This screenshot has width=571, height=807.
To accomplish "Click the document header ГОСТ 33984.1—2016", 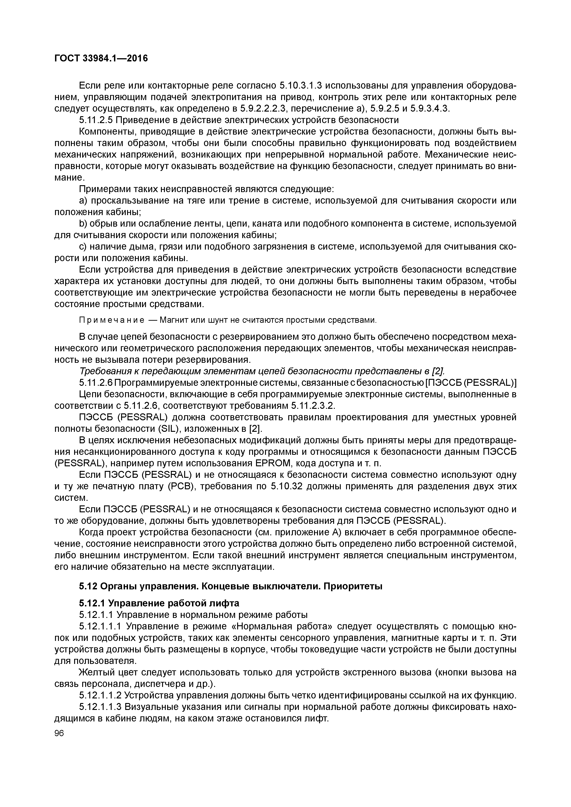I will [101, 58].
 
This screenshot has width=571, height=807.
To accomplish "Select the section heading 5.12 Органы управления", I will [230, 586].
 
